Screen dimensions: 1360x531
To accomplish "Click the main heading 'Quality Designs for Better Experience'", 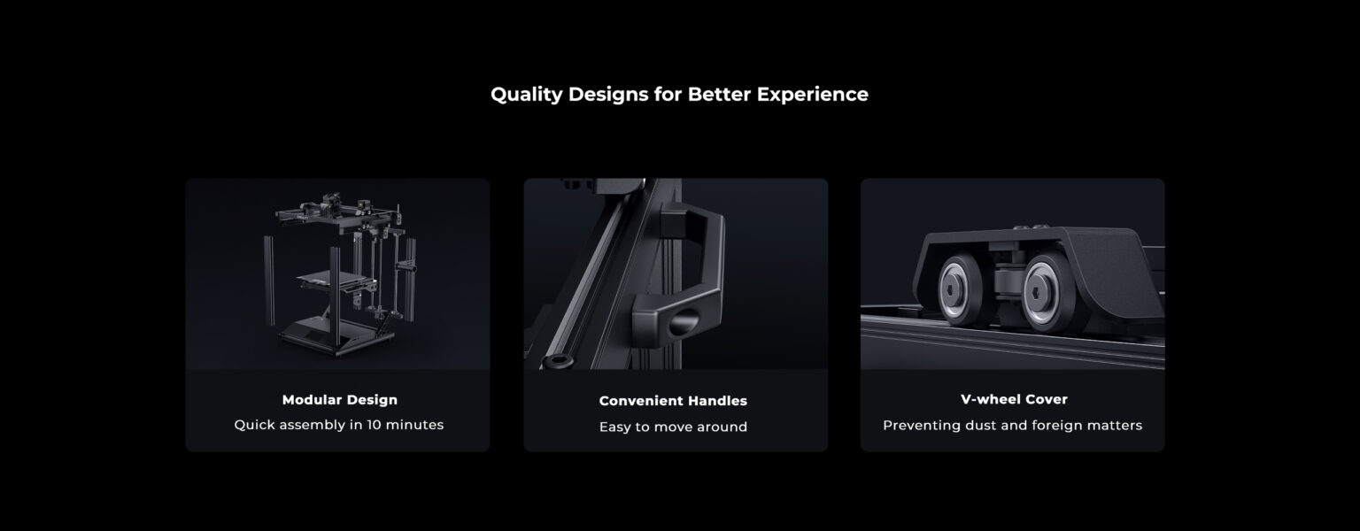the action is pyautogui.click(x=679, y=94).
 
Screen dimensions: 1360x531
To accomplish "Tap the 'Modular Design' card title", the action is pyautogui.click(x=339, y=400).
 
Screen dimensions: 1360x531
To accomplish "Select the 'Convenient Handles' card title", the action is pyautogui.click(x=673, y=401).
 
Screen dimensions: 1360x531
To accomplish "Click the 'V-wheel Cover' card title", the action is pyautogui.click(x=1013, y=399).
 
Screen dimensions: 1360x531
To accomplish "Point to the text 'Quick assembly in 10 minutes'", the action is pyautogui.click(x=339, y=425).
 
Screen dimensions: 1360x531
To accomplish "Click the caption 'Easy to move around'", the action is pyautogui.click(x=673, y=427).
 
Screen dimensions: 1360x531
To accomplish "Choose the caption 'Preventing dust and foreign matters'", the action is pyautogui.click(x=1012, y=426).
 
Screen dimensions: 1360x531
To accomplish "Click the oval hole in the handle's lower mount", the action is pyautogui.click(x=684, y=321).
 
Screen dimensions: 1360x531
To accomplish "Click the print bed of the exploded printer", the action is pyautogui.click(x=331, y=279).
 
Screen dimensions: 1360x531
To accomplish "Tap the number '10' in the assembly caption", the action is pyautogui.click(x=374, y=425).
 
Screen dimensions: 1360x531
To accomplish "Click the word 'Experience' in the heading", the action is pyautogui.click(x=812, y=95).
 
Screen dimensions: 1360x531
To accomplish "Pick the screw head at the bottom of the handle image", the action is pyautogui.click(x=558, y=362).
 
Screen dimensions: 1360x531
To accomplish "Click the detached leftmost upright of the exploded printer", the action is pyautogui.click(x=269, y=281).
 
